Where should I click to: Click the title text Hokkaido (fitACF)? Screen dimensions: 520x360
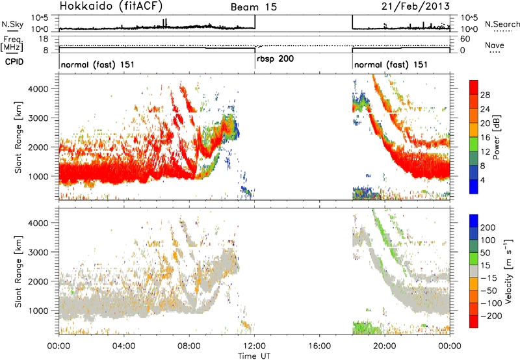111,6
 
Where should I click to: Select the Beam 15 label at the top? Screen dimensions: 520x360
253,7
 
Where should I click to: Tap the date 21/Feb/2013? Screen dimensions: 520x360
415,6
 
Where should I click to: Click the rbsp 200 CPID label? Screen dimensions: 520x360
275,59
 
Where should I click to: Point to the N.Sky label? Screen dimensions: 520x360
12,24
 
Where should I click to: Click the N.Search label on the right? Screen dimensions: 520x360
502,24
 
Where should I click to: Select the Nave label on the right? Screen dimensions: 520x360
495,45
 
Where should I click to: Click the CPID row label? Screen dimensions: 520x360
14,62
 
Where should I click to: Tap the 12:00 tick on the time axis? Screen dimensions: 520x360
254,346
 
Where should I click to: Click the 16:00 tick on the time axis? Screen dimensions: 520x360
320,346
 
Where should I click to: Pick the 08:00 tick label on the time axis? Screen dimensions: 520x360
189,346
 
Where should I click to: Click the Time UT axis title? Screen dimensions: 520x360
254,356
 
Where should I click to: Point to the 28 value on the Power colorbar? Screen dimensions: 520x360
485,95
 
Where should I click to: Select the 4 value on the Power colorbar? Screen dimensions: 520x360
483,180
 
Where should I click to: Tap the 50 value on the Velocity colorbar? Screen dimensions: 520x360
485,253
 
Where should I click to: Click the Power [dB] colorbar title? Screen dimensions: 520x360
497,137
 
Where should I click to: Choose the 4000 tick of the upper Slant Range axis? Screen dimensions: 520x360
39,89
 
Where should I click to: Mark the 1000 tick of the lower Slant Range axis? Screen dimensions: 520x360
39,311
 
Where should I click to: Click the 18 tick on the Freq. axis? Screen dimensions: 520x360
44,39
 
